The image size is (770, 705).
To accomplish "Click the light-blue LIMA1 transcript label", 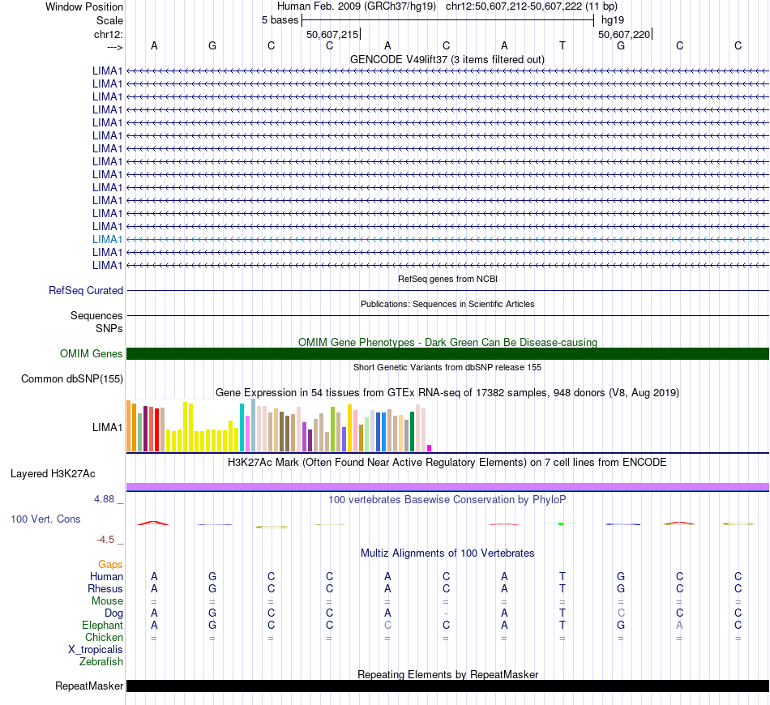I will pos(108,239).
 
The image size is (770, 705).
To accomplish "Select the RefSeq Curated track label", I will pos(86,290).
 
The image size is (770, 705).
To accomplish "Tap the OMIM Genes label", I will pos(92,353).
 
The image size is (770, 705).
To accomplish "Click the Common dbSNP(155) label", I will pos(72,378).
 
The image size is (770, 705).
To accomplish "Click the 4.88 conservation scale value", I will pos(104,499).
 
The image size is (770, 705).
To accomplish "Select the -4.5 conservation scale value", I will pos(105,539).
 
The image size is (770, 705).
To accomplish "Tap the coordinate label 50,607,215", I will pos(332,34).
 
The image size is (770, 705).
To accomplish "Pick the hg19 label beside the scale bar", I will pos(613,19).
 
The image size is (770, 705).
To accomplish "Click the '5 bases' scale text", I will pos(280,19).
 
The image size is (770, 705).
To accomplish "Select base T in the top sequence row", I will pos(563,45).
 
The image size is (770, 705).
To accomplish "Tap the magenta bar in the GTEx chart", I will pos(429,447).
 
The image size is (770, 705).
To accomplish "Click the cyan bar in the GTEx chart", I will pos(242,426).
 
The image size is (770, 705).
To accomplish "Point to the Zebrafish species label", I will pos(101,662).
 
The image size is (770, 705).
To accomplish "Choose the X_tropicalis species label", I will pos(96,650).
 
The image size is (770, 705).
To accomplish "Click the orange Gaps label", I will pos(110,564).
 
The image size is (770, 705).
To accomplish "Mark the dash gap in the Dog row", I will pos(446,613).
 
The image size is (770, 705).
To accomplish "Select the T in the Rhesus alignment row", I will pos(563,588).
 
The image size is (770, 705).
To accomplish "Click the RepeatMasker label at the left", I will pos(89,686).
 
